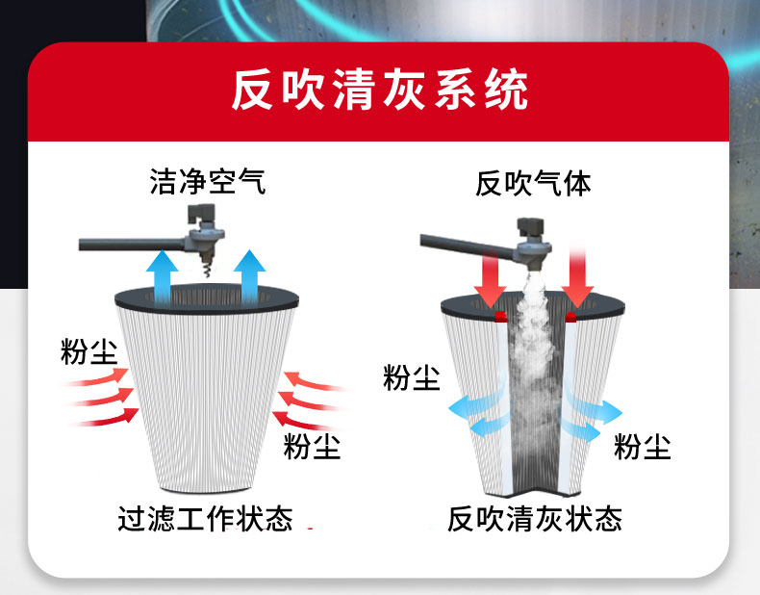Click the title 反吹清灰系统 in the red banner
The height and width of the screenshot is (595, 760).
[x=380, y=92]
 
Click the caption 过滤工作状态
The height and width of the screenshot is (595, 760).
[x=205, y=519]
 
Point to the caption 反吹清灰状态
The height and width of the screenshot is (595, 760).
[x=534, y=519]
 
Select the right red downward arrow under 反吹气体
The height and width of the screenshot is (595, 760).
[x=579, y=274]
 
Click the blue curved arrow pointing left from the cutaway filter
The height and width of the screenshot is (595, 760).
[x=479, y=412]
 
